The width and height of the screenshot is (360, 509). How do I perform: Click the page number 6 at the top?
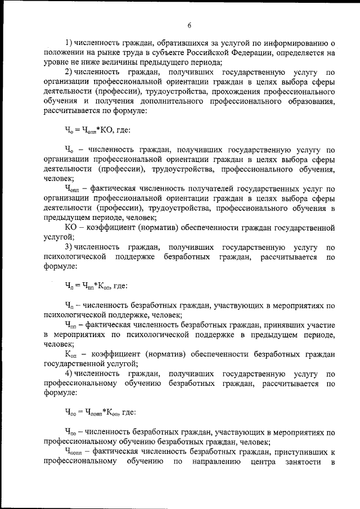point(190,25)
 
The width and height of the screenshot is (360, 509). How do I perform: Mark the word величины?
point(120,62)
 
